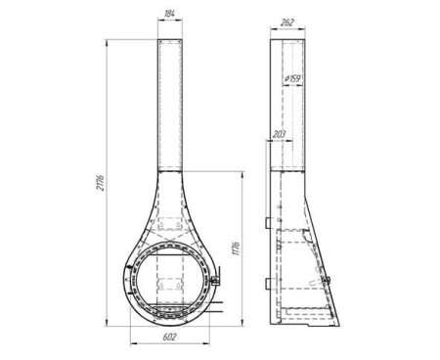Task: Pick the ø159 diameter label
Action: (291, 78)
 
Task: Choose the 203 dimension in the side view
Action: (281, 133)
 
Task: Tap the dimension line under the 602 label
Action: (171, 345)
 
